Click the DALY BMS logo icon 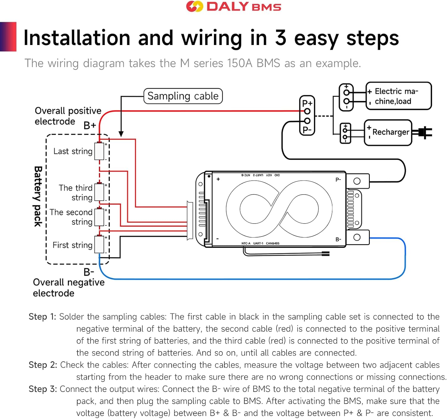pyautogui.click(x=194, y=7)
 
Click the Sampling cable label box pyautogui.click(x=183, y=96)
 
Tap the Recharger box pyautogui.click(x=388, y=132)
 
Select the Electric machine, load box pyautogui.click(x=399, y=96)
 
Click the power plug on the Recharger pyautogui.click(x=424, y=132)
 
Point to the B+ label pyautogui.click(x=89, y=125)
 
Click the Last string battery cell pyautogui.click(x=99, y=151)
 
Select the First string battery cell pyautogui.click(x=99, y=245)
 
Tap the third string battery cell pyautogui.click(x=99, y=192)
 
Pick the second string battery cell pyautogui.click(x=99, y=217)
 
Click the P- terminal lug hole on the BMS pyautogui.click(x=357, y=181)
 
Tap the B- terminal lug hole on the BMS pyautogui.click(x=357, y=238)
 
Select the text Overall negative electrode pyautogui.click(x=69, y=288)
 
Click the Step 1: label pyautogui.click(x=42, y=317)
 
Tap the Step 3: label pyautogui.click(x=43, y=389)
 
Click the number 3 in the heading pyautogui.click(x=280, y=38)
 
